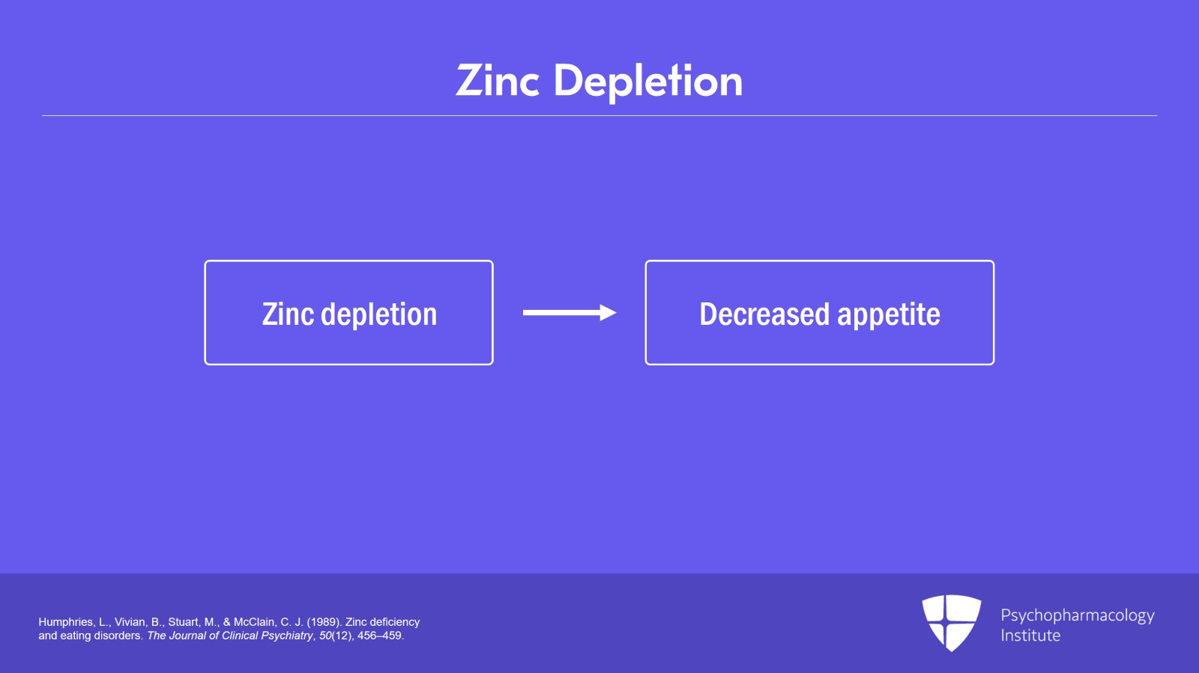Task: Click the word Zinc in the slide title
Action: (498, 81)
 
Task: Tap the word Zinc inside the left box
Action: (288, 314)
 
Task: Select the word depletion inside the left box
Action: (378, 315)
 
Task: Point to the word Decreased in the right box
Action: (765, 314)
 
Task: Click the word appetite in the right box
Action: (889, 315)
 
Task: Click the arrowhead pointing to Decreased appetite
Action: (608, 313)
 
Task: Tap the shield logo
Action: (952, 623)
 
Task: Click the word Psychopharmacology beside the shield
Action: (1078, 616)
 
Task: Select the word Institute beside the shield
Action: (1030, 636)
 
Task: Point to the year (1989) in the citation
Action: (324, 622)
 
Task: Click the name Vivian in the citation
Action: (130, 622)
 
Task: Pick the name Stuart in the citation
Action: (184, 622)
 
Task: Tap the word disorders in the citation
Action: (121, 636)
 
